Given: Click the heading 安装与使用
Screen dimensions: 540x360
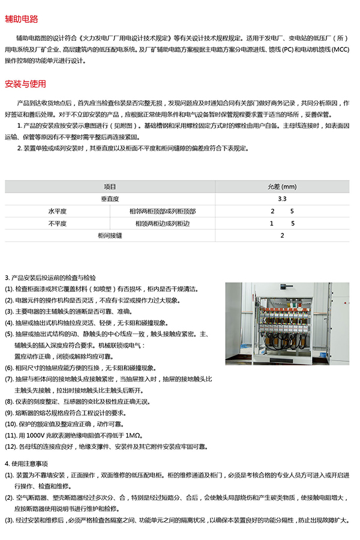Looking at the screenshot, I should coord(25,83).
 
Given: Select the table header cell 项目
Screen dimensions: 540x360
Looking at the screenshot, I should coord(110,187).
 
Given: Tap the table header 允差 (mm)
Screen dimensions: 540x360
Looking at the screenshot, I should coord(282,187).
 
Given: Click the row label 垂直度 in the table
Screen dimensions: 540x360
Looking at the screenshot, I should coord(110,199).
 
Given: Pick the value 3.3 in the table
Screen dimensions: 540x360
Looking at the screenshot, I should coord(282,199).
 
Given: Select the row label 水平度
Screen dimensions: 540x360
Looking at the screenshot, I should coord(57,211).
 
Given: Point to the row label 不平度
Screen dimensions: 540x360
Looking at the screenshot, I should coord(57,223).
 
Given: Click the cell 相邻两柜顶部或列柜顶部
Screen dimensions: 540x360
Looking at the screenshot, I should coord(163,211).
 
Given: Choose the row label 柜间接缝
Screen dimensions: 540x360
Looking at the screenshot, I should coord(110,236).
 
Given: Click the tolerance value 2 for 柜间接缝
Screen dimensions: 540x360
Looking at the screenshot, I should coord(282,236).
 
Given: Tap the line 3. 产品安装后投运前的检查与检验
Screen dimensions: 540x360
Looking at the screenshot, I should coord(50,278).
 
